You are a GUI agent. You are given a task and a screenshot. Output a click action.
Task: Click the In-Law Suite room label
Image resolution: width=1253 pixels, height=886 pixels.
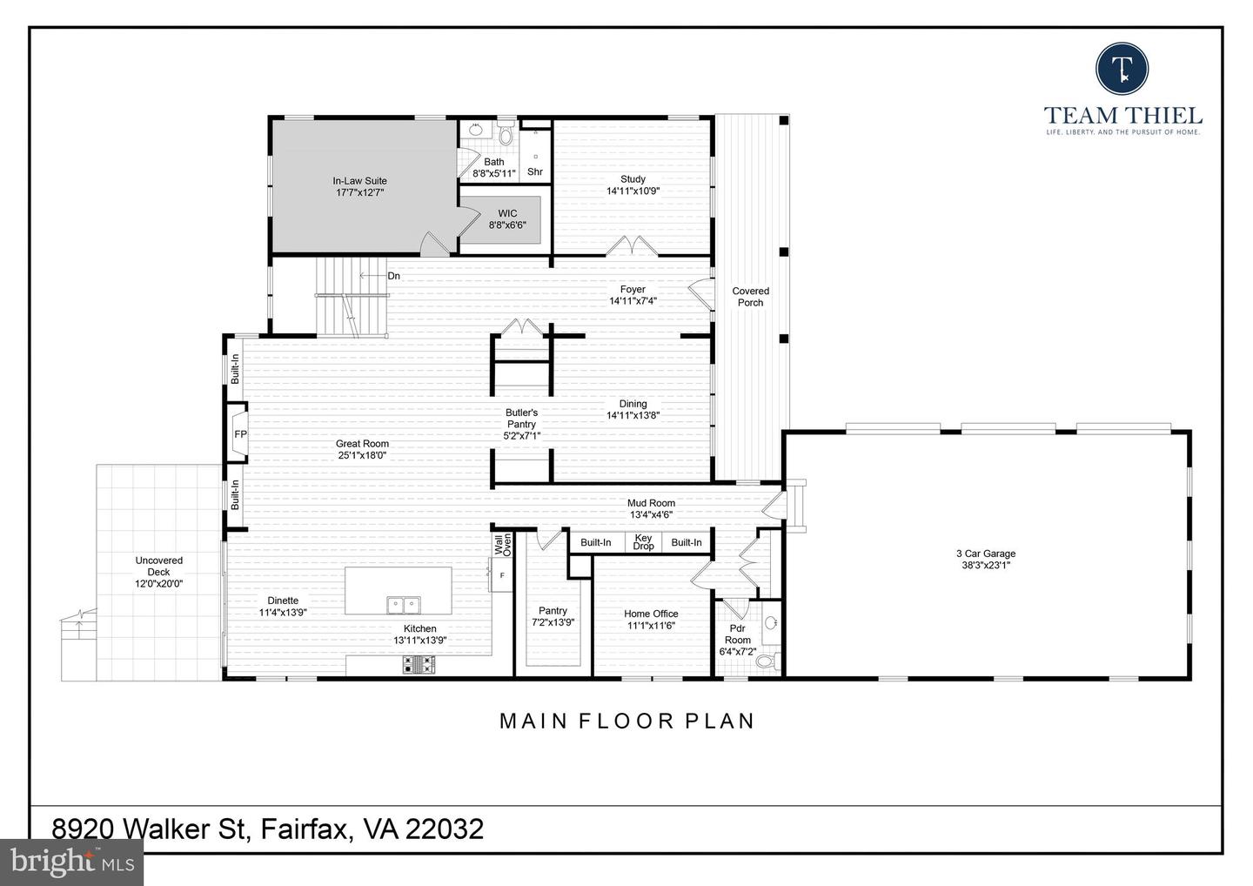click(359, 181)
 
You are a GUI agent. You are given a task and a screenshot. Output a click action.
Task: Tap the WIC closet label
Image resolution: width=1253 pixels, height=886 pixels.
click(507, 213)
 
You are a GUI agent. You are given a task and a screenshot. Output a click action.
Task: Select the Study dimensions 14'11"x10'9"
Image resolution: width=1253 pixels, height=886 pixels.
click(633, 191)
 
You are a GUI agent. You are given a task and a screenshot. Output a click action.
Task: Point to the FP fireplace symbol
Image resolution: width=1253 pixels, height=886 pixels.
click(239, 434)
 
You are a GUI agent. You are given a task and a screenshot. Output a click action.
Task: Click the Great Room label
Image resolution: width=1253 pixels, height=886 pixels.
click(362, 444)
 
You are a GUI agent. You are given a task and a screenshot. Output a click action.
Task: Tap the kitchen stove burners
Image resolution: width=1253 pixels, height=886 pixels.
click(419, 665)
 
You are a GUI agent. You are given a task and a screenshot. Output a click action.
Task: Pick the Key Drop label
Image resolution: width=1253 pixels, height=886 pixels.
click(643, 542)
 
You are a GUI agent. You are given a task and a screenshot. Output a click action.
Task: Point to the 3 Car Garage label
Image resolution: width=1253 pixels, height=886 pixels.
click(985, 554)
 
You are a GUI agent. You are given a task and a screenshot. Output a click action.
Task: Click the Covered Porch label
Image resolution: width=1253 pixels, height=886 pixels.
click(750, 297)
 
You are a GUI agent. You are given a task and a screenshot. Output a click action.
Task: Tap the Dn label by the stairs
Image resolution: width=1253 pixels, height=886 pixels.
click(393, 276)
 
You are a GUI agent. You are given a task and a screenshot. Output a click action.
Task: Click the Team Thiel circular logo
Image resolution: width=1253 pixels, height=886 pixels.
click(1122, 68)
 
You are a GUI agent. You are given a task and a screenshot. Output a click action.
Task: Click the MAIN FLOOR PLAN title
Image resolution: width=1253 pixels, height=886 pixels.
click(626, 721)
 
